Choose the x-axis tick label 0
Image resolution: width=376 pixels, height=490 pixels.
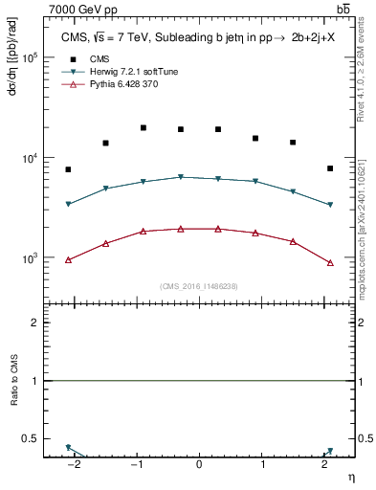[x=199, y=464]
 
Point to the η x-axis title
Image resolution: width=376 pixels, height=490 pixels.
[x=349, y=476]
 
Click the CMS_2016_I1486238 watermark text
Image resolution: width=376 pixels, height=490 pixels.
[x=199, y=285]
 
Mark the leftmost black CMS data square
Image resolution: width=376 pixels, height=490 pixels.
[x=68, y=169]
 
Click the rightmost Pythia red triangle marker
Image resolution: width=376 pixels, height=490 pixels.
[x=330, y=262]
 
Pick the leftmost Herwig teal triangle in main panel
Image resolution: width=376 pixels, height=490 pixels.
[x=68, y=204]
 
